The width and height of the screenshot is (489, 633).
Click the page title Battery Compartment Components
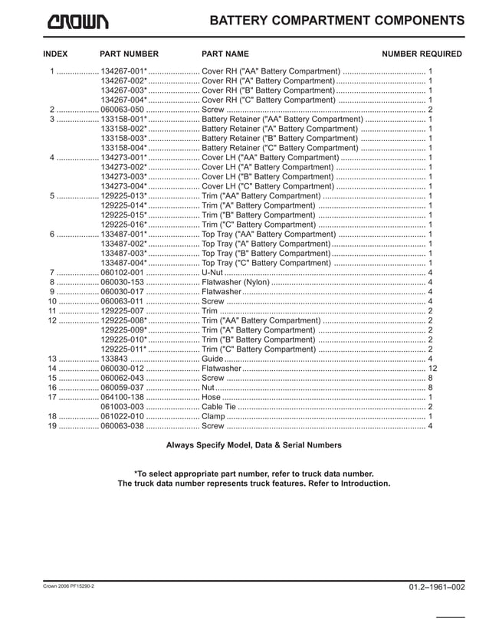pyautogui.click(x=336, y=21)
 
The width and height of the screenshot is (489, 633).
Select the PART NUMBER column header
pyautogui.click(x=129, y=54)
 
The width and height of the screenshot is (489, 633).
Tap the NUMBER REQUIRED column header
pyautogui.click(x=422, y=54)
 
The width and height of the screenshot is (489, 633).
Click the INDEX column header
pyautogui.click(x=55, y=54)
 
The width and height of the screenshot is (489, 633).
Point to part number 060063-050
pyautogui.click(x=122, y=110)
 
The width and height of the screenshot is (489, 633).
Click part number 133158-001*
pyautogui.click(x=123, y=120)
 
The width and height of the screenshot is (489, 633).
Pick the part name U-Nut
pyautogui.click(x=212, y=273)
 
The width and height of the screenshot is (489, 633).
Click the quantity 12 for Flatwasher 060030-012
pyautogui.click(x=431, y=369)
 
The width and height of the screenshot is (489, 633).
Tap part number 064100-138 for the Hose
pyautogui.click(x=122, y=397)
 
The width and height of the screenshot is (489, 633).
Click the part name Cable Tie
pyautogui.click(x=220, y=407)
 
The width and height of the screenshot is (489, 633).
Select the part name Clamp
pyautogui.click(x=213, y=416)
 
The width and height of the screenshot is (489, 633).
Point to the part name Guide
pyautogui.click(x=212, y=359)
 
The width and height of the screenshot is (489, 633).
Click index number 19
pyautogui.click(x=53, y=426)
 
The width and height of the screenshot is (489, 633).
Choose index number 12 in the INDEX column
pyautogui.click(x=53, y=320)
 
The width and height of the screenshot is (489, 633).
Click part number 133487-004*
pyautogui.click(x=123, y=263)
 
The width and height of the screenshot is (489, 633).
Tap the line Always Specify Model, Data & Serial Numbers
pyautogui.click(x=254, y=445)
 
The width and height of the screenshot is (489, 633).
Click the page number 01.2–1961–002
pyautogui.click(x=437, y=587)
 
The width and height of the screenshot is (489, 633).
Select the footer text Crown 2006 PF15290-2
pyautogui.click(x=69, y=586)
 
